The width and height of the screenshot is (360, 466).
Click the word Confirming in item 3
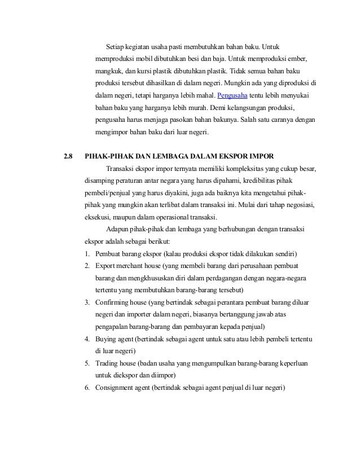(115, 302)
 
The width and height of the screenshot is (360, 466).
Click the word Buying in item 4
(107, 339)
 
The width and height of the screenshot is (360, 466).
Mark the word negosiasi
(300, 205)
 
